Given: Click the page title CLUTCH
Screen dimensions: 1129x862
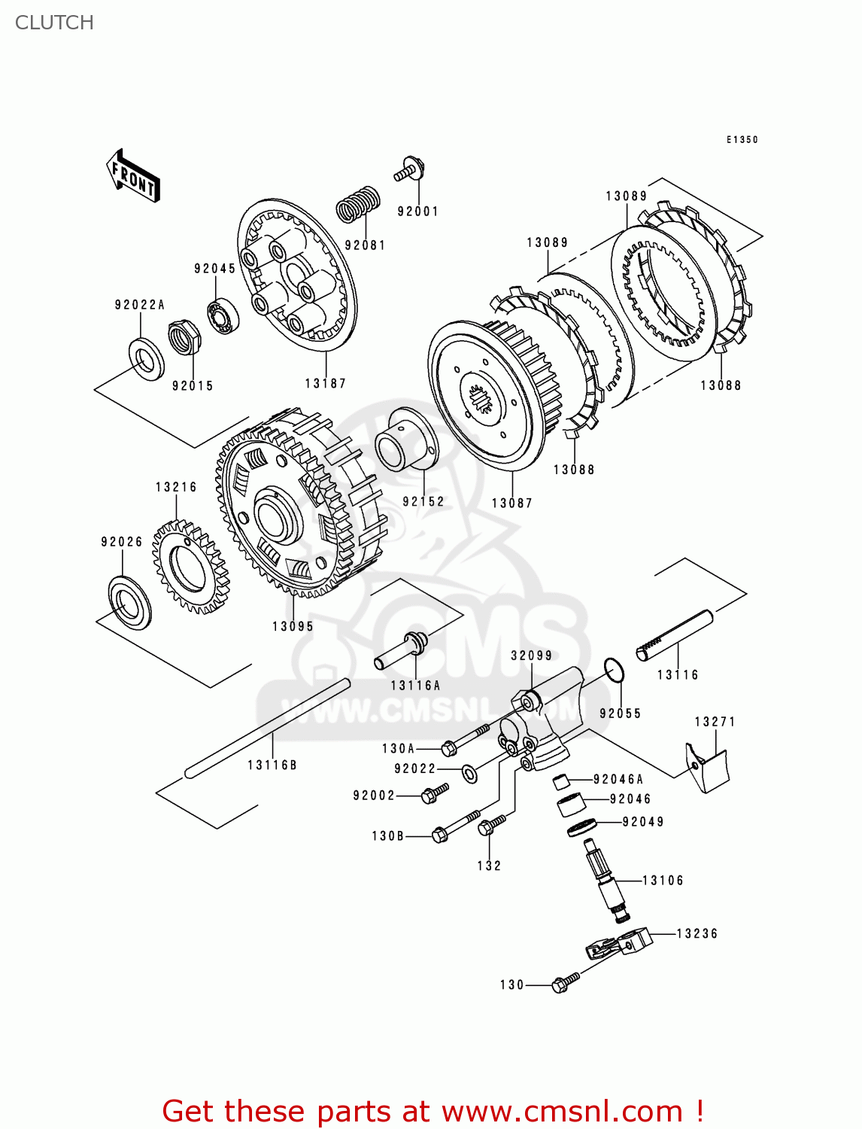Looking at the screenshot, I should [54, 23].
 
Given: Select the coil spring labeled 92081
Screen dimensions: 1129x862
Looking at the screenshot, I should [357, 203].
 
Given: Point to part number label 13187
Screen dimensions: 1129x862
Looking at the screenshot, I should [325, 383].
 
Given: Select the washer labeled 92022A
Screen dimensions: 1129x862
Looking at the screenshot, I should [146, 359].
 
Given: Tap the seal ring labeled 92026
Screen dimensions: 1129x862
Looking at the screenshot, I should [129, 601].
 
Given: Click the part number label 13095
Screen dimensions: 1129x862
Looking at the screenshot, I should [293, 626].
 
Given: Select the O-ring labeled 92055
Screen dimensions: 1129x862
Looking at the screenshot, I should [614, 670].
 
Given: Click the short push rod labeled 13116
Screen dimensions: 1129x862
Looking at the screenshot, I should [674, 636].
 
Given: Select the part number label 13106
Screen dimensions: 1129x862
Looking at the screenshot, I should [663, 881].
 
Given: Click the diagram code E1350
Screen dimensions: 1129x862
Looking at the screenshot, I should [742, 140].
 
